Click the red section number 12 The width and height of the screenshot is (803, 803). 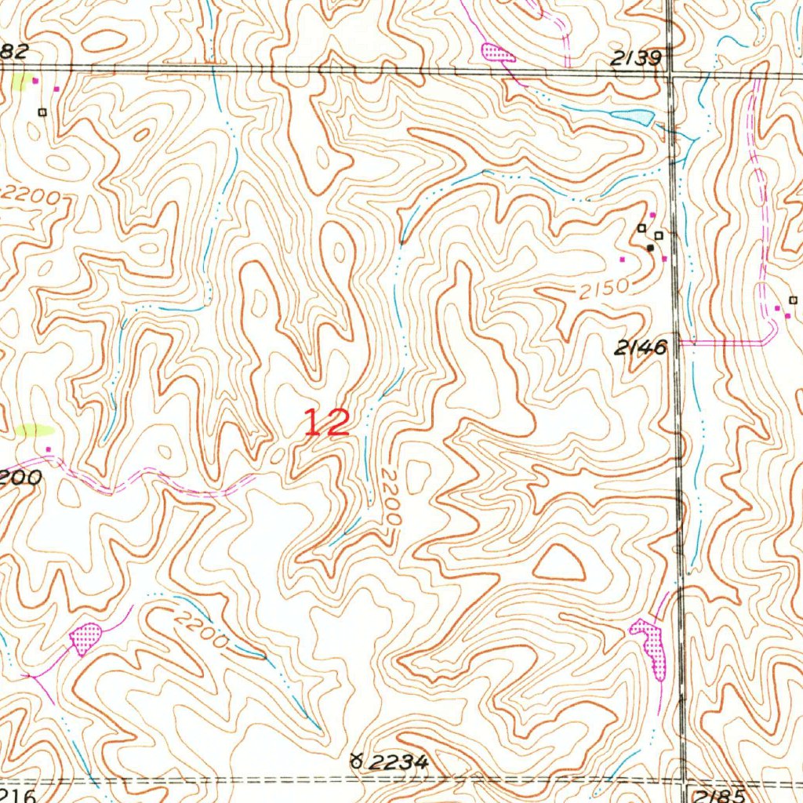click(326, 423)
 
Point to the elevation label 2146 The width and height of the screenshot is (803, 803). click(641, 347)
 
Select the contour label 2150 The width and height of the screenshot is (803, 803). click(605, 290)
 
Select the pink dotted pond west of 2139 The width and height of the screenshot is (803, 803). click(497, 53)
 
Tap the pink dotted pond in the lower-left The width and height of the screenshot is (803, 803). click(83, 638)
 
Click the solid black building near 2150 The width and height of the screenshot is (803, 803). click(649, 248)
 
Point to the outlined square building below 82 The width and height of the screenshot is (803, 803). click(42, 112)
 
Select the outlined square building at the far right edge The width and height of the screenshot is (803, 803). click(792, 300)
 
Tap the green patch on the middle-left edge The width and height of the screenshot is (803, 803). click(35, 430)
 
